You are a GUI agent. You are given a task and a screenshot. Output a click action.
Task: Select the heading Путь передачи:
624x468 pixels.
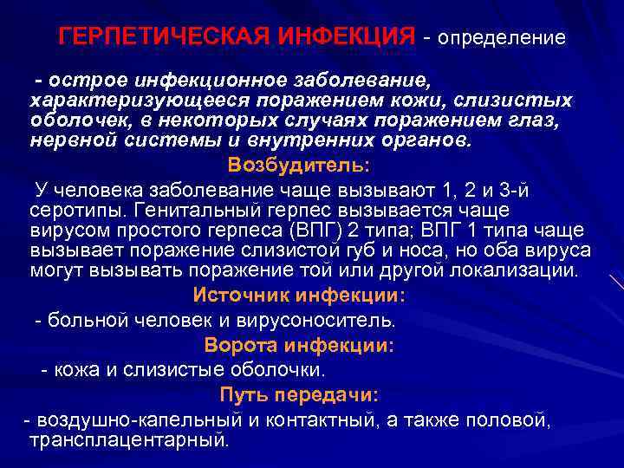pyautogui.click(x=298, y=395)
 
